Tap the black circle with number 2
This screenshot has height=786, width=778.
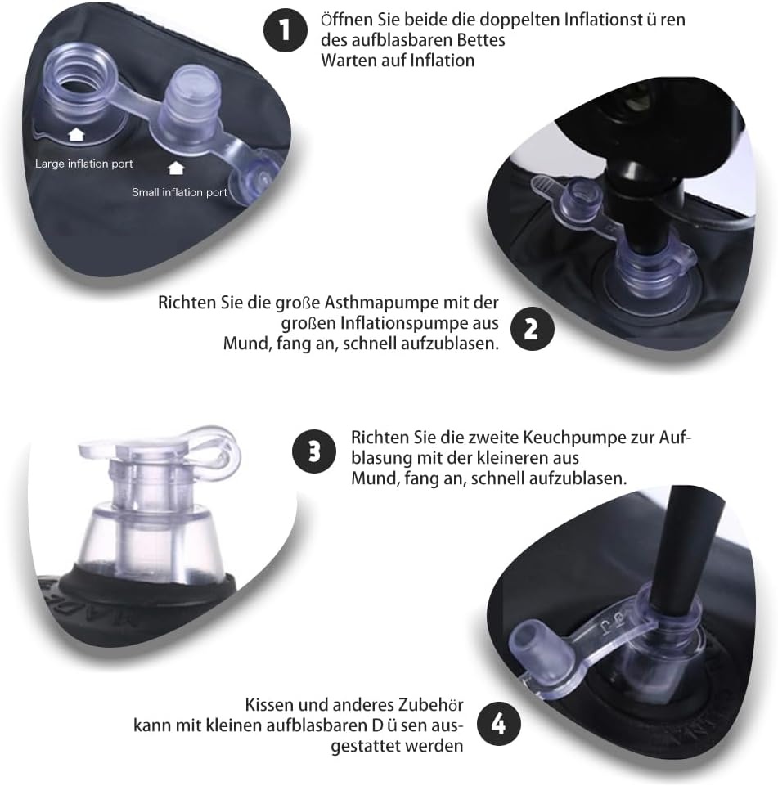533,329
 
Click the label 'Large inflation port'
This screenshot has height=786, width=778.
83,164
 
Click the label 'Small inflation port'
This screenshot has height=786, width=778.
180,193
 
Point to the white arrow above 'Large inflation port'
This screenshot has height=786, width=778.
76,133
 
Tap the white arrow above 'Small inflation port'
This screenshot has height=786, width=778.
176,168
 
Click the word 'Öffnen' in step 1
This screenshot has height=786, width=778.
347,19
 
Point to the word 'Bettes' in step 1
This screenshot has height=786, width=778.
480,40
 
